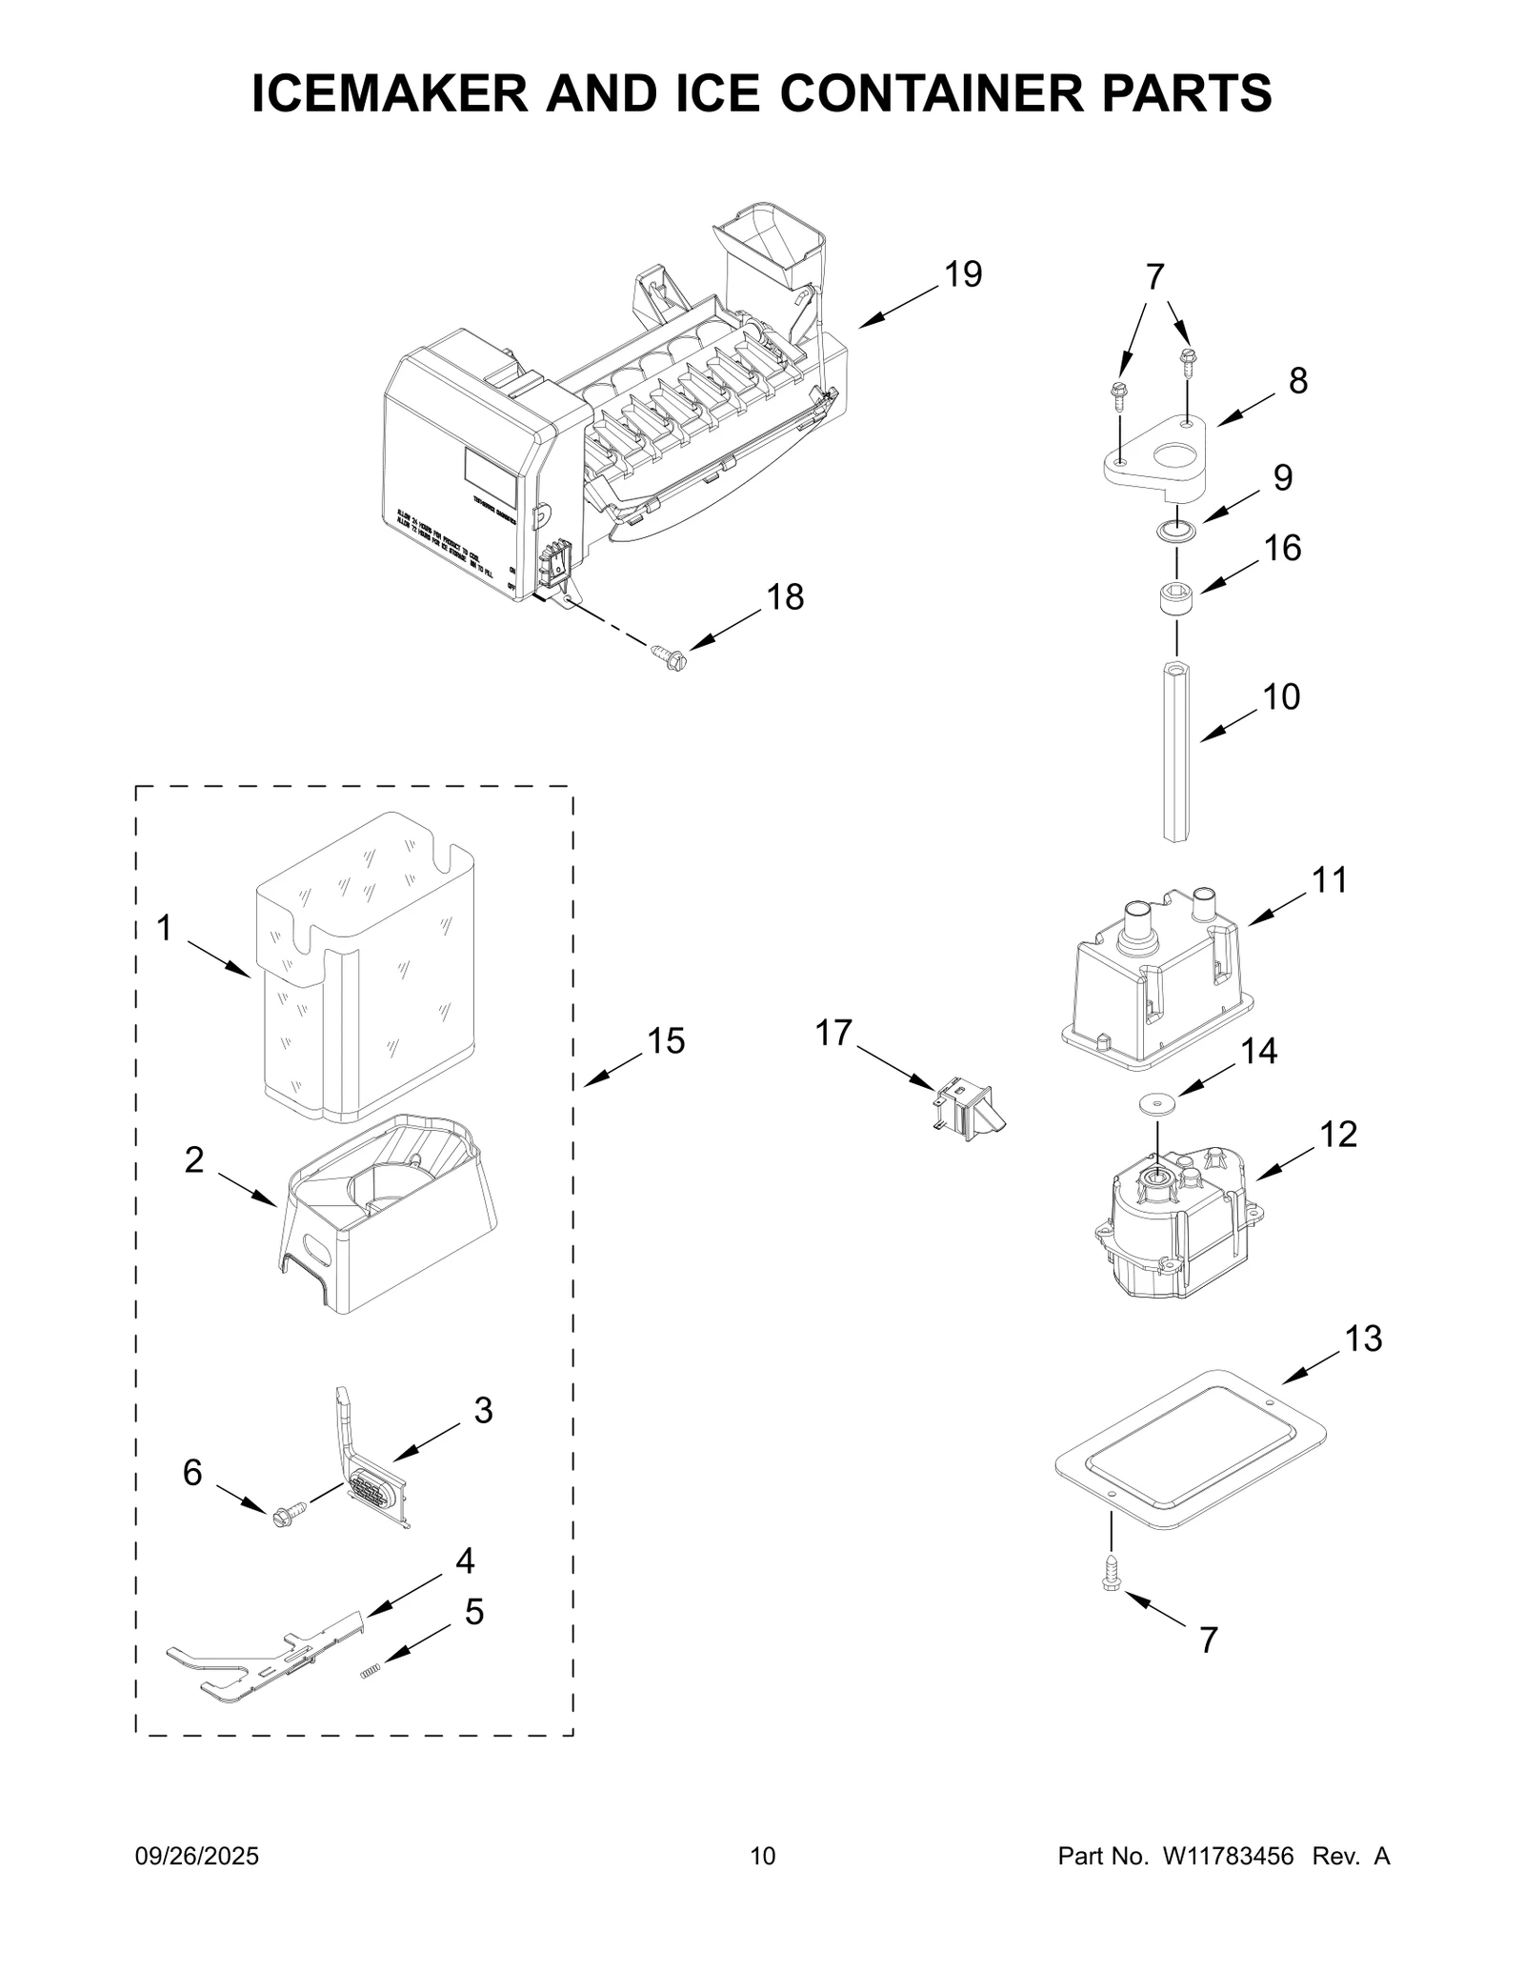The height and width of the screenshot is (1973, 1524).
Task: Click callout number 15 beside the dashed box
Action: pyautogui.click(x=666, y=1041)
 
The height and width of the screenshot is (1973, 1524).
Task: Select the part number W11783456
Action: pyautogui.click(x=1226, y=1856)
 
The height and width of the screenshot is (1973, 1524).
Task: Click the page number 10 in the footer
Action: pyautogui.click(x=763, y=1856)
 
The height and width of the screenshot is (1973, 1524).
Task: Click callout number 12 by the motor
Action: pyautogui.click(x=1337, y=1134)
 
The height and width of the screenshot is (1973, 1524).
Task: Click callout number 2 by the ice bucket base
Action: pyautogui.click(x=194, y=1160)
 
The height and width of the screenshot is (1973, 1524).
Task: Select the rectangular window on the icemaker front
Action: pyautogui.click(x=490, y=478)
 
